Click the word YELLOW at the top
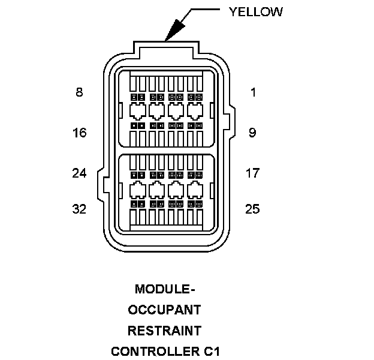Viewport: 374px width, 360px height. click(255, 11)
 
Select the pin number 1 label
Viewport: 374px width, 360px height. click(253, 92)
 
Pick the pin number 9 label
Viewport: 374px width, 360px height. click(252, 133)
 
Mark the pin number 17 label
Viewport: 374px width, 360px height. click(252, 173)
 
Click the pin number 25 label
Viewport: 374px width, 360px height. click(252, 209)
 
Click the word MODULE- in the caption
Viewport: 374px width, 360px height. click(165, 289)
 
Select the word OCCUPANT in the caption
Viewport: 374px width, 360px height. click(164, 310)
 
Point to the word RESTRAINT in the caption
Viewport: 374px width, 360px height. click(164, 331)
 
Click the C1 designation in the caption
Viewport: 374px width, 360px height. click(210, 351)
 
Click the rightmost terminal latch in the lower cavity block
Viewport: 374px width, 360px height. click(195, 190)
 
